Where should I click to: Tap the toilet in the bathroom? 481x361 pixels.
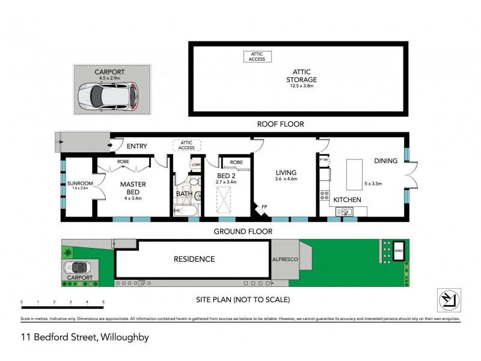tap(194, 182)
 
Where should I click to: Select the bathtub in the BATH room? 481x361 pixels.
tap(183, 211)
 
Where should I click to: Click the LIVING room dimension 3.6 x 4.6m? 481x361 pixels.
tap(286, 179)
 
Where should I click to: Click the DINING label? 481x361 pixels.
tap(385, 161)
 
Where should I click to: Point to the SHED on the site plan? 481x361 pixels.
tap(398, 251)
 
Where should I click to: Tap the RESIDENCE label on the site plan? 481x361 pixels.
tap(194, 259)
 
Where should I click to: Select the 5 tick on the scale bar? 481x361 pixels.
tap(103, 302)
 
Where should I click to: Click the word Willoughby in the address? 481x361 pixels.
tap(123, 338)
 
